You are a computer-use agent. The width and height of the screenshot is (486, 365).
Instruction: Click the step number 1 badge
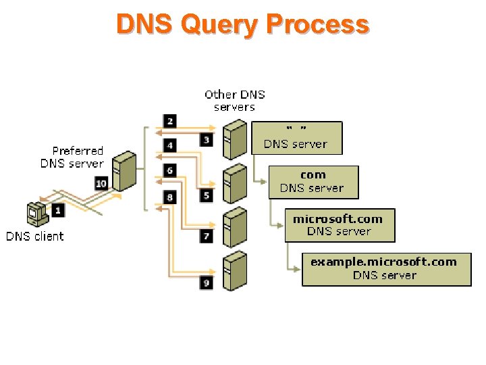pos(58,211)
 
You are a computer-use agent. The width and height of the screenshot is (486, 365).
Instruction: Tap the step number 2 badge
pos(170,121)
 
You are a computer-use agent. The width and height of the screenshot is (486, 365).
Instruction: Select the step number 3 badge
pos(207,140)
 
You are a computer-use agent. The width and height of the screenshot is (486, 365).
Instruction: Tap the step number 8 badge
pos(170,197)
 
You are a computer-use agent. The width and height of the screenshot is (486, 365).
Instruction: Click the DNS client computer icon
pos(38,214)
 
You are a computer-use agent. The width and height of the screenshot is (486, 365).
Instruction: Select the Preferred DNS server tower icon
pos(124,171)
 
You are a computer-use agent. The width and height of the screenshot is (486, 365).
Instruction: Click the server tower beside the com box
pos(236,183)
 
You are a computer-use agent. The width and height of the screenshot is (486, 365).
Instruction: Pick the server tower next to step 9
pos(236,270)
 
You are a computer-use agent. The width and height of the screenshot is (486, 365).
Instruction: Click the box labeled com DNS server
pos(314,182)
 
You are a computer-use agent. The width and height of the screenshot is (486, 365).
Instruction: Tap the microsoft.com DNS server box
pos(340,225)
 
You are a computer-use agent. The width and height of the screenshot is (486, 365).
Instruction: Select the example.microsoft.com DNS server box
pos(387,270)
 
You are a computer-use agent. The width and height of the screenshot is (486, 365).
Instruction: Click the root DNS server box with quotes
pos(297,138)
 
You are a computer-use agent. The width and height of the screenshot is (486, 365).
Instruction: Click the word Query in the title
pos(219,25)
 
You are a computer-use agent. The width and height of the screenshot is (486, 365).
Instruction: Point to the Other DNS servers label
pos(235,101)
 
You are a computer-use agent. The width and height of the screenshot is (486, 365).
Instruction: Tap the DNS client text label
pos(34,236)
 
